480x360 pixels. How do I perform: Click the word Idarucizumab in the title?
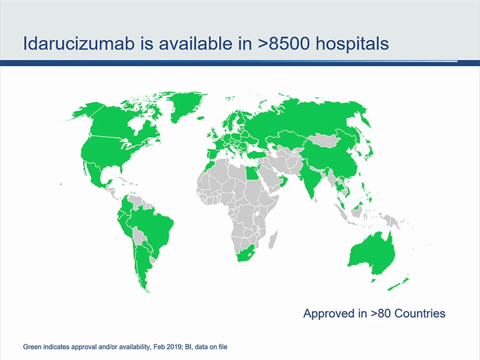pos(79,44)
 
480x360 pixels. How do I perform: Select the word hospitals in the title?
pos(352,44)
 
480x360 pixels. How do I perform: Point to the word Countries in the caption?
pos(420,314)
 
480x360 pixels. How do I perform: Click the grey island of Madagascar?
pos(273,240)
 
